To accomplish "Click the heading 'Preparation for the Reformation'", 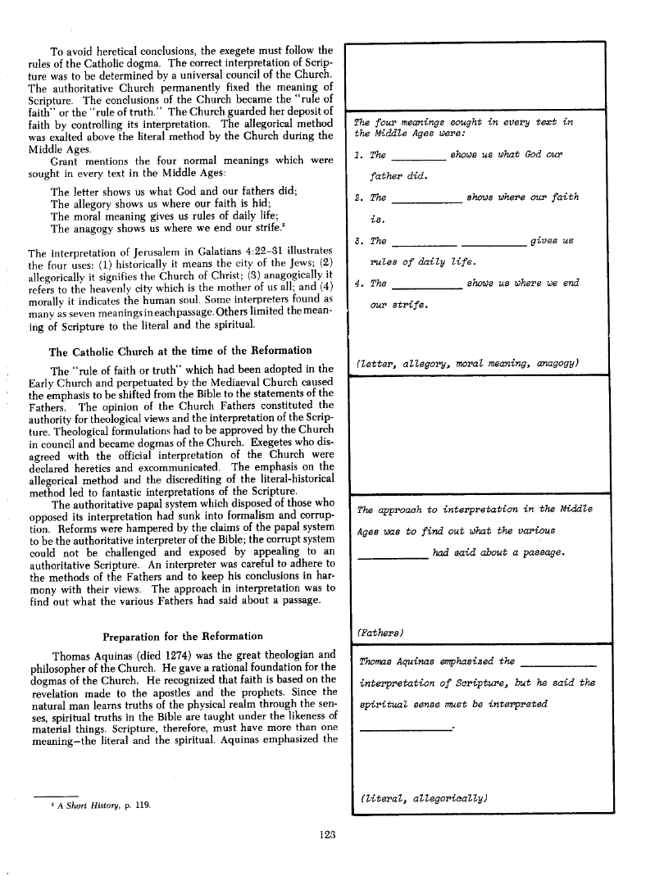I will [183, 636].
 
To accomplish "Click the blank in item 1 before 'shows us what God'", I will [419, 157].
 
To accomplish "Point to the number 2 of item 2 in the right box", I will [357, 197].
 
